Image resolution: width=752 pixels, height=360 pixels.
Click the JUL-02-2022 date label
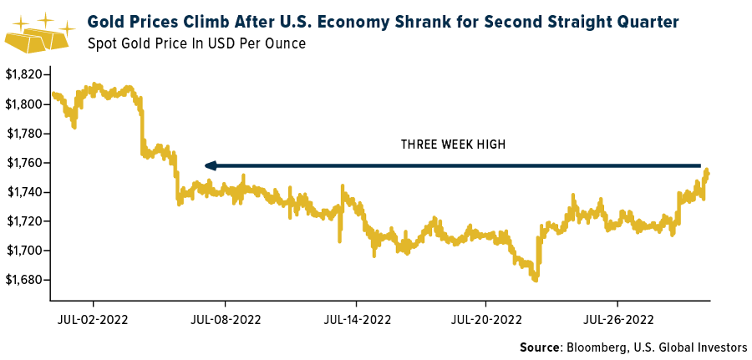(93, 318)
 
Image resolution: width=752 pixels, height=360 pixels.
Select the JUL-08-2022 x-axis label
(225, 318)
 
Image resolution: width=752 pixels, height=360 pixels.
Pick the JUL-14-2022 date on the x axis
(357, 318)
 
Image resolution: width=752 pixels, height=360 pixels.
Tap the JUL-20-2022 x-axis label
(487, 318)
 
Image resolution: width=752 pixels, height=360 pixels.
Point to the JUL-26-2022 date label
(618, 318)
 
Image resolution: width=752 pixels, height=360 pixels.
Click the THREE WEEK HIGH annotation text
(453, 145)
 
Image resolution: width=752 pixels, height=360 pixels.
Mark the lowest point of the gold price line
(535, 281)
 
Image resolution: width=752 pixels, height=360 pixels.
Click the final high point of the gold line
(707, 170)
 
